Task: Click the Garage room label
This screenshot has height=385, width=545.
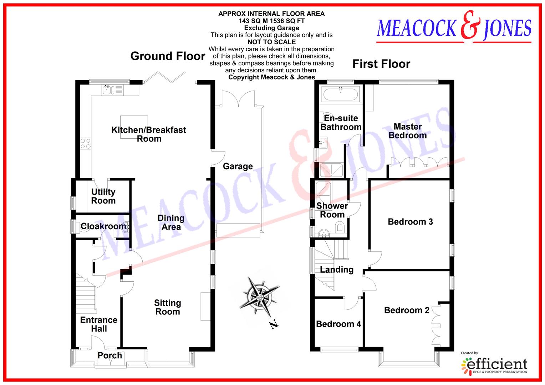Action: pyautogui.click(x=238, y=166)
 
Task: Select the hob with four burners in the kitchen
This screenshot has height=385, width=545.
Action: pyautogui.click(x=86, y=143)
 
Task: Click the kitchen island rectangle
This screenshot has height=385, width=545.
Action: pyautogui.click(x=134, y=127)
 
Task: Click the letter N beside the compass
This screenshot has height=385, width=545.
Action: pyautogui.click(x=274, y=324)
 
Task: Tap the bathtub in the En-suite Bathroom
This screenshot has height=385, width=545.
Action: pyautogui.click(x=341, y=94)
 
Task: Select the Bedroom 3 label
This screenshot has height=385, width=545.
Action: pyautogui.click(x=410, y=222)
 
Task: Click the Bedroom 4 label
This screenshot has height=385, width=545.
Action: pyautogui.click(x=338, y=324)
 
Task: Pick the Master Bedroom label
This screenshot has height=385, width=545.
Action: pyautogui.click(x=408, y=131)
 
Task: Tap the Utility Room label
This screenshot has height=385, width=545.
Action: pyautogui.click(x=103, y=196)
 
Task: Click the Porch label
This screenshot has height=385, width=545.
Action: pyautogui.click(x=110, y=355)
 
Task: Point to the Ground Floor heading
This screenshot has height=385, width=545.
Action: pyautogui.click(x=168, y=56)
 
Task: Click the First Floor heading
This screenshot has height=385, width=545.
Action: pyautogui.click(x=381, y=64)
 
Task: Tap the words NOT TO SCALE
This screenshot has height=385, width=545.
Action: pyautogui.click(x=271, y=42)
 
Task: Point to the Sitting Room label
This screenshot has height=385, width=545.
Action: pyautogui.click(x=167, y=307)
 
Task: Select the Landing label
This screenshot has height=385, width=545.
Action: pyautogui.click(x=336, y=270)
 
